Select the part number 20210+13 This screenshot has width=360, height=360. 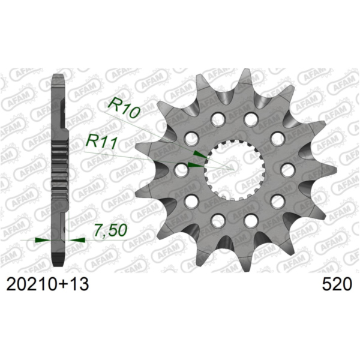click(47, 284)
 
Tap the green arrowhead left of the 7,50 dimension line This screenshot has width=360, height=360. click(42, 240)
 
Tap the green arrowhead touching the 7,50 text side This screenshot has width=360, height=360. click(76, 240)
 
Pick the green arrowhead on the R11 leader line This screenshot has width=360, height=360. click(195, 163)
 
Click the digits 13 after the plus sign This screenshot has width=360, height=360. click(79, 284)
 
